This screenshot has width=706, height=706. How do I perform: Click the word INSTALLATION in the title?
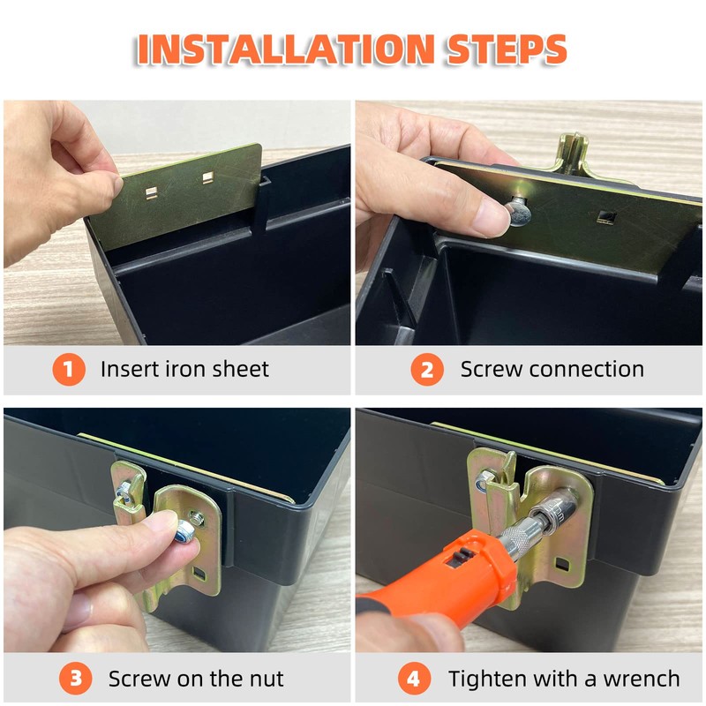coord(286,49)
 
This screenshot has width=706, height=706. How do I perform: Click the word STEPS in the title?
coord(507,49)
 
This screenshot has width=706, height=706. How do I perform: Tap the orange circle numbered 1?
coord(69,369)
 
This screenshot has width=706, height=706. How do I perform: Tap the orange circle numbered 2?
coord(426,369)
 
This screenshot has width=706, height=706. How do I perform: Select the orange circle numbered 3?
coord(75,678)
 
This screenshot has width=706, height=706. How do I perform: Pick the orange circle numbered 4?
coord(414,678)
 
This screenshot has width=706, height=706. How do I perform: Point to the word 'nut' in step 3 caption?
coord(267,679)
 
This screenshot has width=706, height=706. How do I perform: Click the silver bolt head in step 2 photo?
coord(517,212)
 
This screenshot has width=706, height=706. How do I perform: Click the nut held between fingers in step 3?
coord(184,532)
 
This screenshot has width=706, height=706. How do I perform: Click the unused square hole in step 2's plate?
coord(605,218)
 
